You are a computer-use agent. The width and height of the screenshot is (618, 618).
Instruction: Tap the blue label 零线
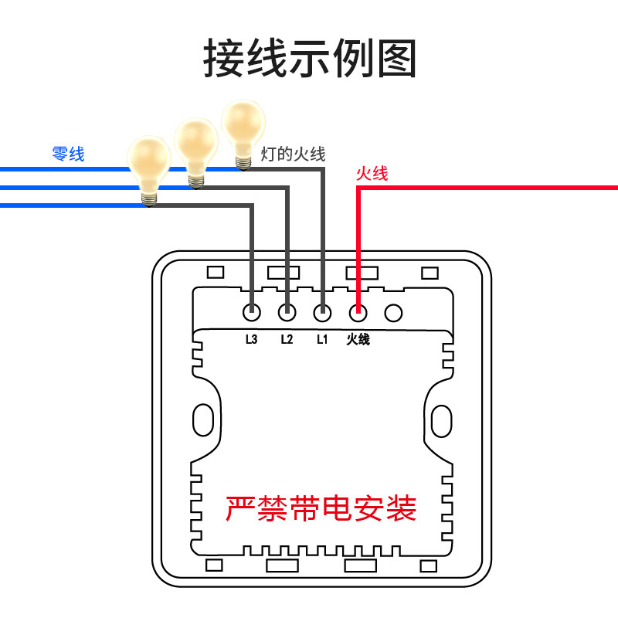click(68, 154)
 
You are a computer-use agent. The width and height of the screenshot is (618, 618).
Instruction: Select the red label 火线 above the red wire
click(372, 174)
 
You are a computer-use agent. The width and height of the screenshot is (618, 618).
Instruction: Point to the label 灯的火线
click(293, 154)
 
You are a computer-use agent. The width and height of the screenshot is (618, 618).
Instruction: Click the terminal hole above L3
click(251, 313)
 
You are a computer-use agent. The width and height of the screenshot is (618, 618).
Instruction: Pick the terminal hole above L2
click(287, 313)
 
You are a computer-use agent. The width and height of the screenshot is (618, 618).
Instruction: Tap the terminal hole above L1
click(322, 313)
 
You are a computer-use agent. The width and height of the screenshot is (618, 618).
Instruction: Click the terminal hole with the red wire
click(358, 313)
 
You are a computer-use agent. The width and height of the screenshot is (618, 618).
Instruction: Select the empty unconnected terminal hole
click(393, 313)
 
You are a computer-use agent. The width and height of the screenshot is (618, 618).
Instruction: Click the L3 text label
click(250, 338)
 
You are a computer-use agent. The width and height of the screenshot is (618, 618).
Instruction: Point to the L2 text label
click(287, 338)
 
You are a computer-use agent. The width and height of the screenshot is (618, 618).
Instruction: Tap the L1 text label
click(322, 338)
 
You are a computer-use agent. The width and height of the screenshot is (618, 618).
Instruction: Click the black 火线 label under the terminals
click(358, 338)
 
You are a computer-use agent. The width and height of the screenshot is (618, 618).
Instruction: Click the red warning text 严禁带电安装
click(321, 508)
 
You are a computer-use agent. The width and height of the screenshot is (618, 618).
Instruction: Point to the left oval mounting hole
click(202, 419)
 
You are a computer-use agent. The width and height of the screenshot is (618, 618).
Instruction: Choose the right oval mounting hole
click(442, 419)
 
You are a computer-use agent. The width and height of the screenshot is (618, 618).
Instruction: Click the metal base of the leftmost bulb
click(149, 198)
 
